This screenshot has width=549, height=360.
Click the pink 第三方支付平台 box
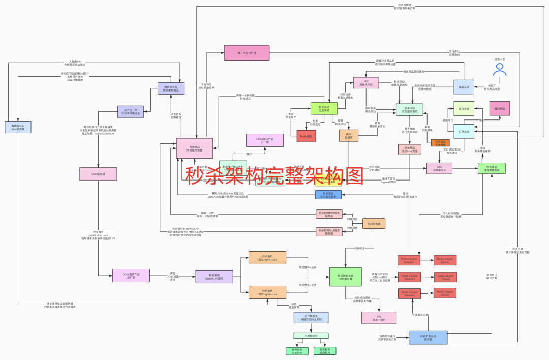pyautogui.click(x=247, y=52)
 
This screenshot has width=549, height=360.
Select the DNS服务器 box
pyautogui.click(x=98, y=174)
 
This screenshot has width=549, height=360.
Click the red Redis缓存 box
pyautogui.click(x=307, y=136)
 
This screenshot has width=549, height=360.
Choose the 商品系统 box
pyautogui.click(x=464, y=87)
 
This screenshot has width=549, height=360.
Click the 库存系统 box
pyautogui.click(x=464, y=108)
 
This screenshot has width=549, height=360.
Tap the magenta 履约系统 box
pyautogui.click(x=499, y=108)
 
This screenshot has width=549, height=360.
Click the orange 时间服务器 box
pyautogui.click(x=374, y=223)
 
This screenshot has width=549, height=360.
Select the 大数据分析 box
pyautogui.click(x=311, y=336)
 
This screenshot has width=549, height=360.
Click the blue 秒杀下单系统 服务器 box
pyautogui.click(x=428, y=337)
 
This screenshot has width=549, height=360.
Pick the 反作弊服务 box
pyautogui.click(x=311, y=318)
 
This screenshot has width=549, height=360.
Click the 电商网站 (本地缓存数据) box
pyautogui.click(x=194, y=148)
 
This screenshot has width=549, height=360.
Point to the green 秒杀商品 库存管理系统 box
pyautogui.click(x=492, y=169)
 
